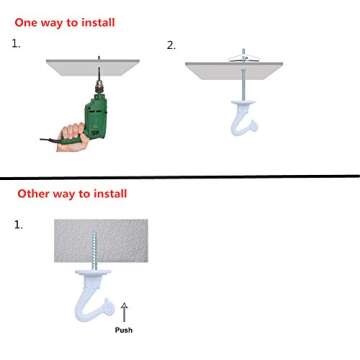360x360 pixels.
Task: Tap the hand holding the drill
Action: [74, 133]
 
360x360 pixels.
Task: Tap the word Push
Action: [124, 330]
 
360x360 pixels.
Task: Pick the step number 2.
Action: [171, 45]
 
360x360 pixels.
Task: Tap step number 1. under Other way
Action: [18, 225]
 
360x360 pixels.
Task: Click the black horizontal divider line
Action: [180, 176]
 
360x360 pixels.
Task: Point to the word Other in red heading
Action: [31, 193]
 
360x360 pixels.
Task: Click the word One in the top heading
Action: [27, 21]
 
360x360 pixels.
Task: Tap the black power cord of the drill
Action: [50, 139]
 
